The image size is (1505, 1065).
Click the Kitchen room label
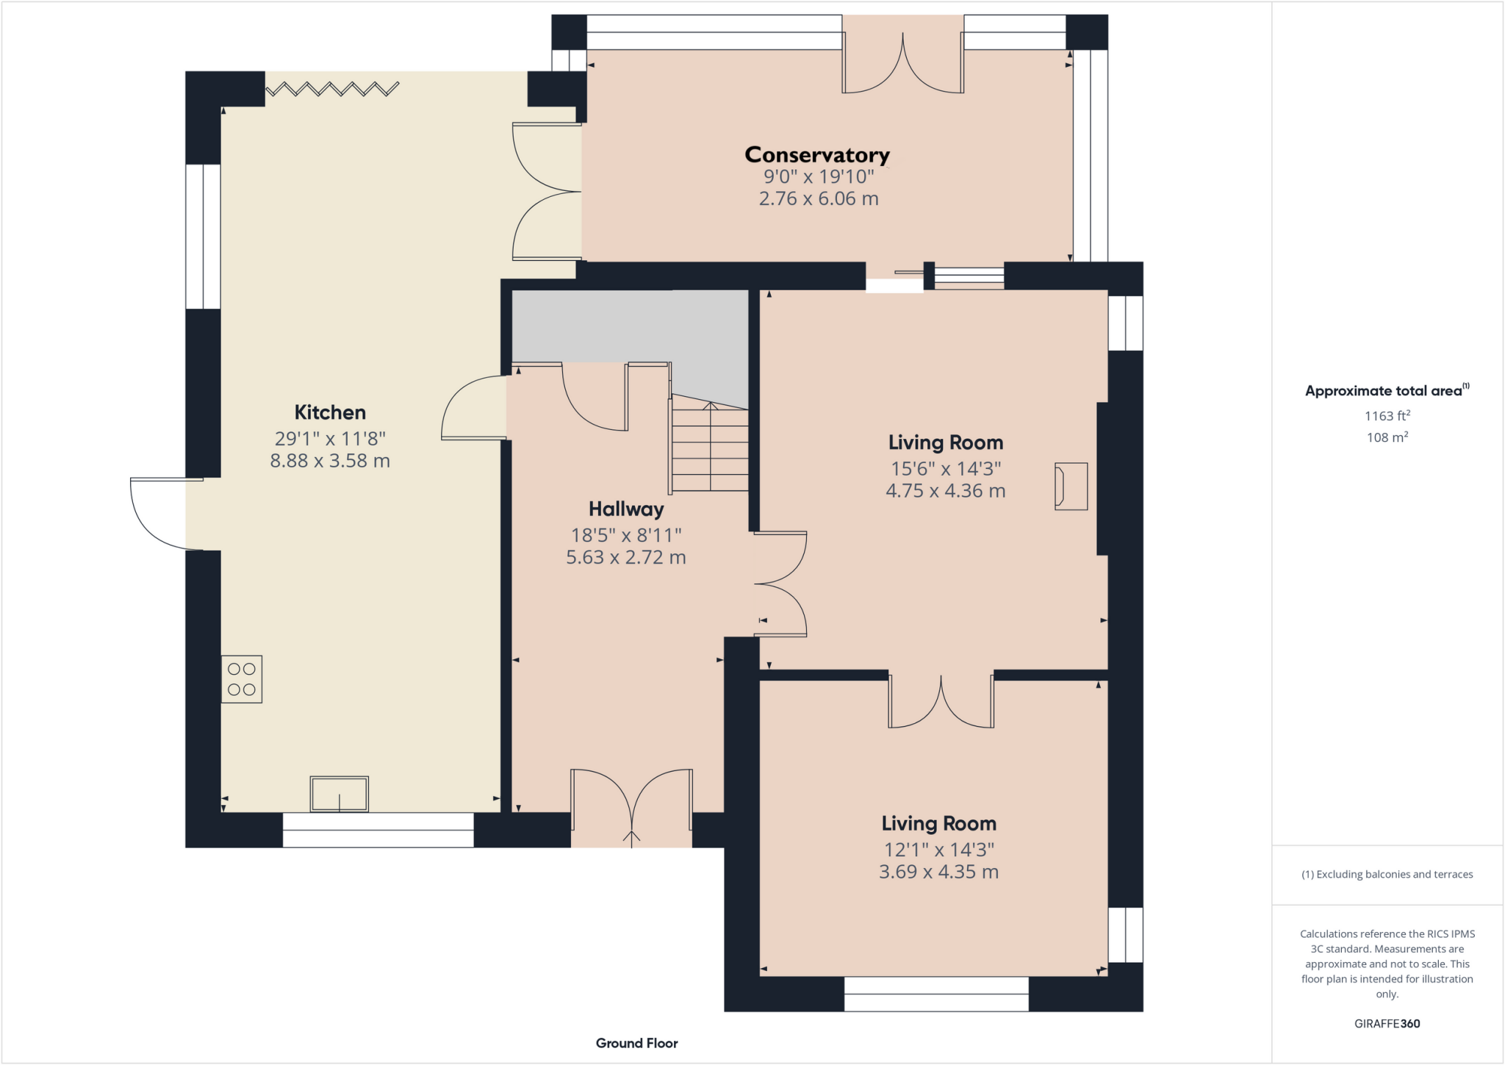[x=330, y=412]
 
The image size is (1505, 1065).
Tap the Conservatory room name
[x=817, y=155]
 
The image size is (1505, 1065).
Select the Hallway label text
[x=626, y=509]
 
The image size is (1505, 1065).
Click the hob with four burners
[x=242, y=679]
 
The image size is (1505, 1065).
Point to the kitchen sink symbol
[x=339, y=794]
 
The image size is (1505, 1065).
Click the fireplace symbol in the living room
[x=1071, y=486]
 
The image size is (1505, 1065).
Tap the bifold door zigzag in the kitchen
[x=332, y=90]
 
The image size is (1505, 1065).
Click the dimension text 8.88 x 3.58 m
[x=330, y=461]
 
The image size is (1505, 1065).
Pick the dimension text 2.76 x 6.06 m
[x=819, y=198]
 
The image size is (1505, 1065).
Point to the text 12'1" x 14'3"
[x=938, y=850]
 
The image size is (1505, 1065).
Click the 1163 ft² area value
[x=1387, y=416]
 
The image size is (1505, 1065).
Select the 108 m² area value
[x=1387, y=437]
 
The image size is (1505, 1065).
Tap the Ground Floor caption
[x=636, y=1043]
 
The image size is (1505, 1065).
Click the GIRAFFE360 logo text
[x=1387, y=1023]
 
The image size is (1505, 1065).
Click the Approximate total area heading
[x=1384, y=391]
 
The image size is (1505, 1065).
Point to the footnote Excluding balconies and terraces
[x=1387, y=874]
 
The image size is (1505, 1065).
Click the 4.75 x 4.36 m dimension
[x=945, y=491]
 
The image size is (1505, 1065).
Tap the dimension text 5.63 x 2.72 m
[x=626, y=557]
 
